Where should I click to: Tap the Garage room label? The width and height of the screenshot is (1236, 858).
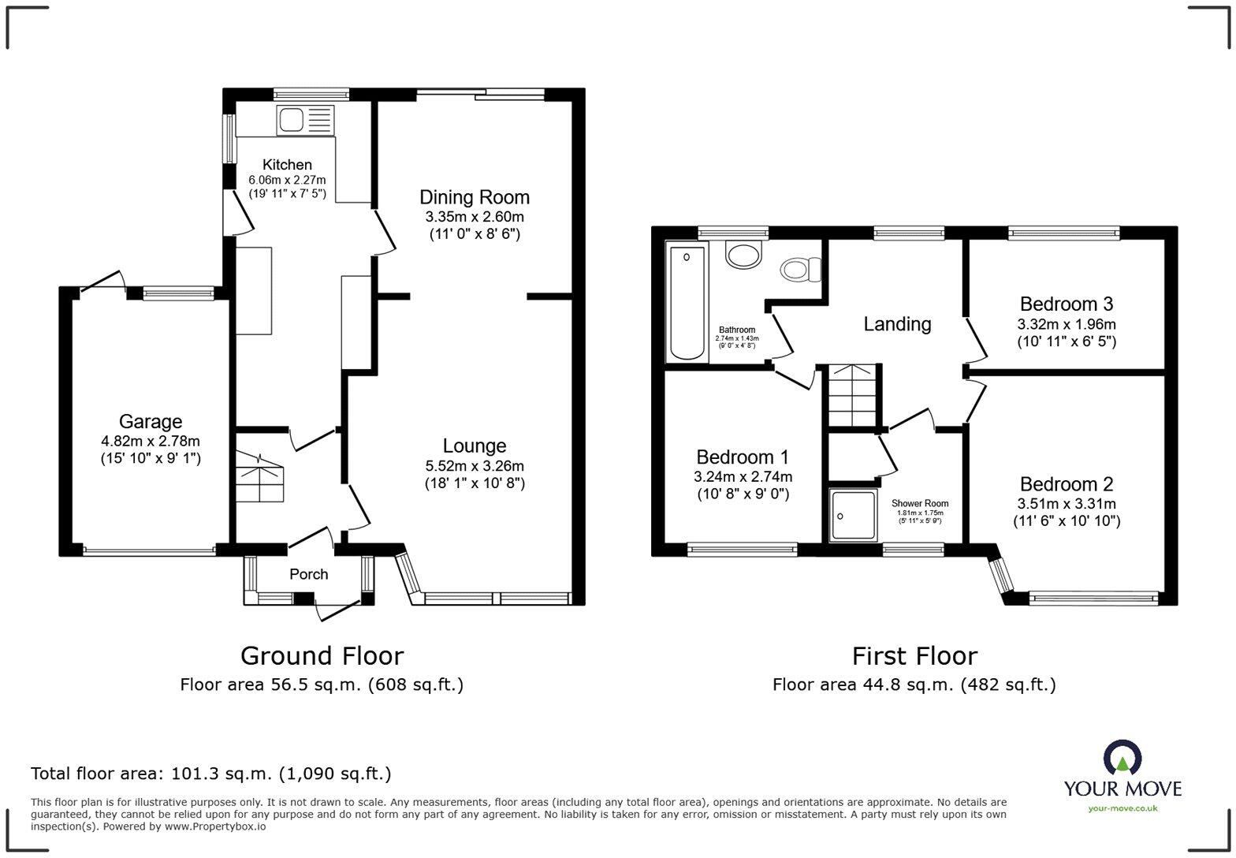point(150,422)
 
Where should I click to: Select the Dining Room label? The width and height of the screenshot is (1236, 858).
point(474,197)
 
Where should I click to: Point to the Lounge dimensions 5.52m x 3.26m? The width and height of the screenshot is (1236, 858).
point(474,466)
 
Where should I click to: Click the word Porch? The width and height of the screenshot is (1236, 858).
point(308,574)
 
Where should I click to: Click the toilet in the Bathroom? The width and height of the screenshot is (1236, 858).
point(800,270)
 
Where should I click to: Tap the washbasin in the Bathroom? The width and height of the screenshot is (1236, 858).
point(744,255)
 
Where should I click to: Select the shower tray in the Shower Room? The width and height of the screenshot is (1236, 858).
point(853,515)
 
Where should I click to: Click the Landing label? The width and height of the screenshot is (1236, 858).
point(897,324)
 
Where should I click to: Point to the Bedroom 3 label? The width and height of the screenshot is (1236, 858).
point(1066,304)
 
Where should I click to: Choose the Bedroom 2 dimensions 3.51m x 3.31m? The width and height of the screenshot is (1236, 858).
point(1066,504)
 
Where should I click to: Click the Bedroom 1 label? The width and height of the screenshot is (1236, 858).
point(742,457)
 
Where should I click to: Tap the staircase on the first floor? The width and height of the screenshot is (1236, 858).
point(852,396)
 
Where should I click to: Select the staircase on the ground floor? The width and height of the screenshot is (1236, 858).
point(259,477)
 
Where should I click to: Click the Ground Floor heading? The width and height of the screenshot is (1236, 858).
point(322,656)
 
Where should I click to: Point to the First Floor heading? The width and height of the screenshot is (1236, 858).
point(914,656)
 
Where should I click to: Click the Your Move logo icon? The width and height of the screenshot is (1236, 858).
point(1122,758)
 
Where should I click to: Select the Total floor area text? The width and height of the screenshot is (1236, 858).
point(210,774)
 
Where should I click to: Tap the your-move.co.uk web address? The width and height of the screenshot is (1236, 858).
point(1122,808)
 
